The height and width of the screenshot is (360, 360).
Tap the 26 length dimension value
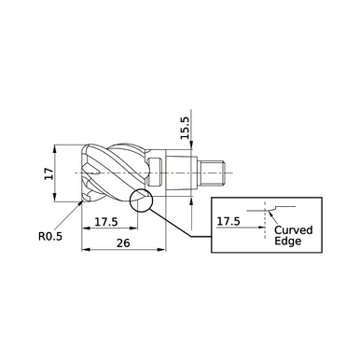coord(124,242)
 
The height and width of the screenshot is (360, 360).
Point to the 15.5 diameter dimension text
coord(185,129)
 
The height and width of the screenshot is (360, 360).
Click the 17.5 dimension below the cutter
coord(105,222)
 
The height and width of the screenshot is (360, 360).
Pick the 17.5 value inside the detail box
coord(228,222)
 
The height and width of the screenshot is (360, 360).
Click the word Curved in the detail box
coord(294,228)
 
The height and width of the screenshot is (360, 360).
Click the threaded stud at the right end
coord(216,173)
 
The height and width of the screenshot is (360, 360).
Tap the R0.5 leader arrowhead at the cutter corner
coord(78,203)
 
